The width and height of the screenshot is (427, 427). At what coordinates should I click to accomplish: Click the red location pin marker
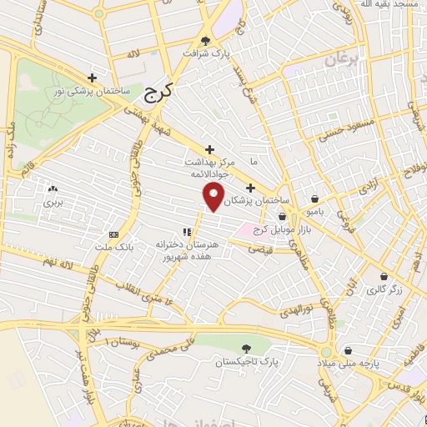tap(214, 198)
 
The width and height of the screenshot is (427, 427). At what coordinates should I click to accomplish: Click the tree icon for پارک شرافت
tap(207, 40)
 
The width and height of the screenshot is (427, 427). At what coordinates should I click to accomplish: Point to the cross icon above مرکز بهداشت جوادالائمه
tap(208, 148)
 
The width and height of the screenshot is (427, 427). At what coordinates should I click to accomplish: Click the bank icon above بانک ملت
tap(114, 234)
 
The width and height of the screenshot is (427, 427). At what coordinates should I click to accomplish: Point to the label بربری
tap(53, 202)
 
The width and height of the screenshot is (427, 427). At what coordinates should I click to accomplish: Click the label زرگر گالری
tap(384, 289)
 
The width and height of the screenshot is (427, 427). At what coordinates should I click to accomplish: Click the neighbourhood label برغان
tap(339, 61)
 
